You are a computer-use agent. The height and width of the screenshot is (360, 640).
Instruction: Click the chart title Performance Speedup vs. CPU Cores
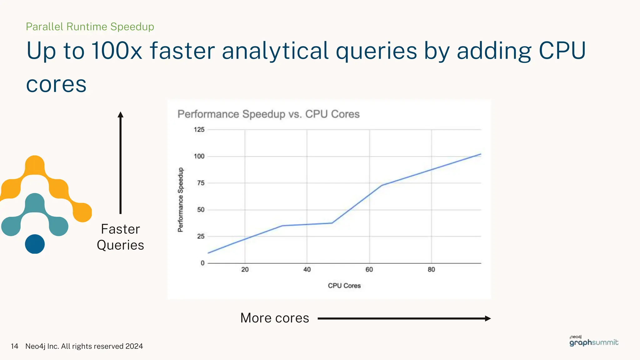click(x=268, y=114)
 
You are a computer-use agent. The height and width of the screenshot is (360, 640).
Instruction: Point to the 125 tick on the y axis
click(x=199, y=130)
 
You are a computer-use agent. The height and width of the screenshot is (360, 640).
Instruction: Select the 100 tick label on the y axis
click(x=199, y=156)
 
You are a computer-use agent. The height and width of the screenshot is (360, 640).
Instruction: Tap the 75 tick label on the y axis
click(x=201, y=183)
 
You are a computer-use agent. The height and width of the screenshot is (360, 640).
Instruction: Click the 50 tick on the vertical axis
click(x=201, y=210)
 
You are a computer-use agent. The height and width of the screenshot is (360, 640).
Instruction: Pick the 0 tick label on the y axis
click(x=202, y=263)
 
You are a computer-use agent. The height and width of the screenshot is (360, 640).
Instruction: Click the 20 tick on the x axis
click(x=245, y=269)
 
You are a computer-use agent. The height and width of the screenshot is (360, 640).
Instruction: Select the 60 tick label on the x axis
click(x=369, y=269)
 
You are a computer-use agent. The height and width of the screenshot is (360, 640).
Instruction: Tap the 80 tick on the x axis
click(x=431, y=269)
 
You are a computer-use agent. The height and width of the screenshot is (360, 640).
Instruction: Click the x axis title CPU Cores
click(x=344, y=286)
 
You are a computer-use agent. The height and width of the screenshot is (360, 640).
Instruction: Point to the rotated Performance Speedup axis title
click(x=181, y=200)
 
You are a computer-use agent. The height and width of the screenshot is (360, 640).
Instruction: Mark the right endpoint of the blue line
click(x=481, y=154)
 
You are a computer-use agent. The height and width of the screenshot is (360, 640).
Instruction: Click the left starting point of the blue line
click(x=208, y=253)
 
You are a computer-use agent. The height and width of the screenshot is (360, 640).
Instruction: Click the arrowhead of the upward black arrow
click(x=121, y=115)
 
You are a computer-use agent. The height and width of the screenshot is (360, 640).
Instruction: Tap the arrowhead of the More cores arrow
click(x=487, y=318)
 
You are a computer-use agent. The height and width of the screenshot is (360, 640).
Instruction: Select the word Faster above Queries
click(x=120, y=229)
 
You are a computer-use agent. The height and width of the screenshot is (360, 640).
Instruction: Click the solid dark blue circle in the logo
click(x=35, y=244)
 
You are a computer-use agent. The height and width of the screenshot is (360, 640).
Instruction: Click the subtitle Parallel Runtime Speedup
click(x=90, y=27)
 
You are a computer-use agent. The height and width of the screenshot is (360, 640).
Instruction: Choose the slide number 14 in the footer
click(x=14, y=346)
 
